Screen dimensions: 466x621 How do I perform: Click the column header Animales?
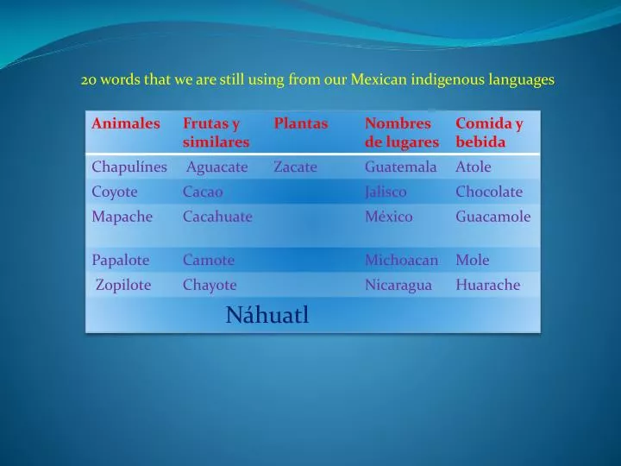pos(126,123)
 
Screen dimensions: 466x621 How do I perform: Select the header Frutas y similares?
pos(216,132)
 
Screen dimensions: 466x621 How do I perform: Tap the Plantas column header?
pos(301,123)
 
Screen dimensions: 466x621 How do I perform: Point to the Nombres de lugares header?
pos(401,132)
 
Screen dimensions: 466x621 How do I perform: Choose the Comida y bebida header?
pos(489,132)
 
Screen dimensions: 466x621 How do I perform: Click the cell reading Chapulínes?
pos(129,167)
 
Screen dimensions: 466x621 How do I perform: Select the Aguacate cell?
pos(217,167)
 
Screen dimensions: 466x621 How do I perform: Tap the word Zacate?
pos(295,167)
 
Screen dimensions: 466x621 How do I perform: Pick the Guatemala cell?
pos(400,167)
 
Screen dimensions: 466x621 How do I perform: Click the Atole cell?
pos(473,167)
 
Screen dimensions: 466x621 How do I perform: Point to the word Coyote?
pos(115,192)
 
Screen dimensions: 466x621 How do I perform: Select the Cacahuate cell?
pos(217,217)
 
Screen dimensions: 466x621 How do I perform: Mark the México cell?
pos(388,217)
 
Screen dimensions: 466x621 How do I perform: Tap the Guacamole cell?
pos(492,217)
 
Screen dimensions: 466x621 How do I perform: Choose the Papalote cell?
pos(121,260)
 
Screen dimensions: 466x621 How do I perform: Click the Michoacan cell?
pos(401,260)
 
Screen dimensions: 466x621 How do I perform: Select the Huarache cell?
pos(488,285)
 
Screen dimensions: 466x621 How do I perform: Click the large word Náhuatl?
pos(267,316)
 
